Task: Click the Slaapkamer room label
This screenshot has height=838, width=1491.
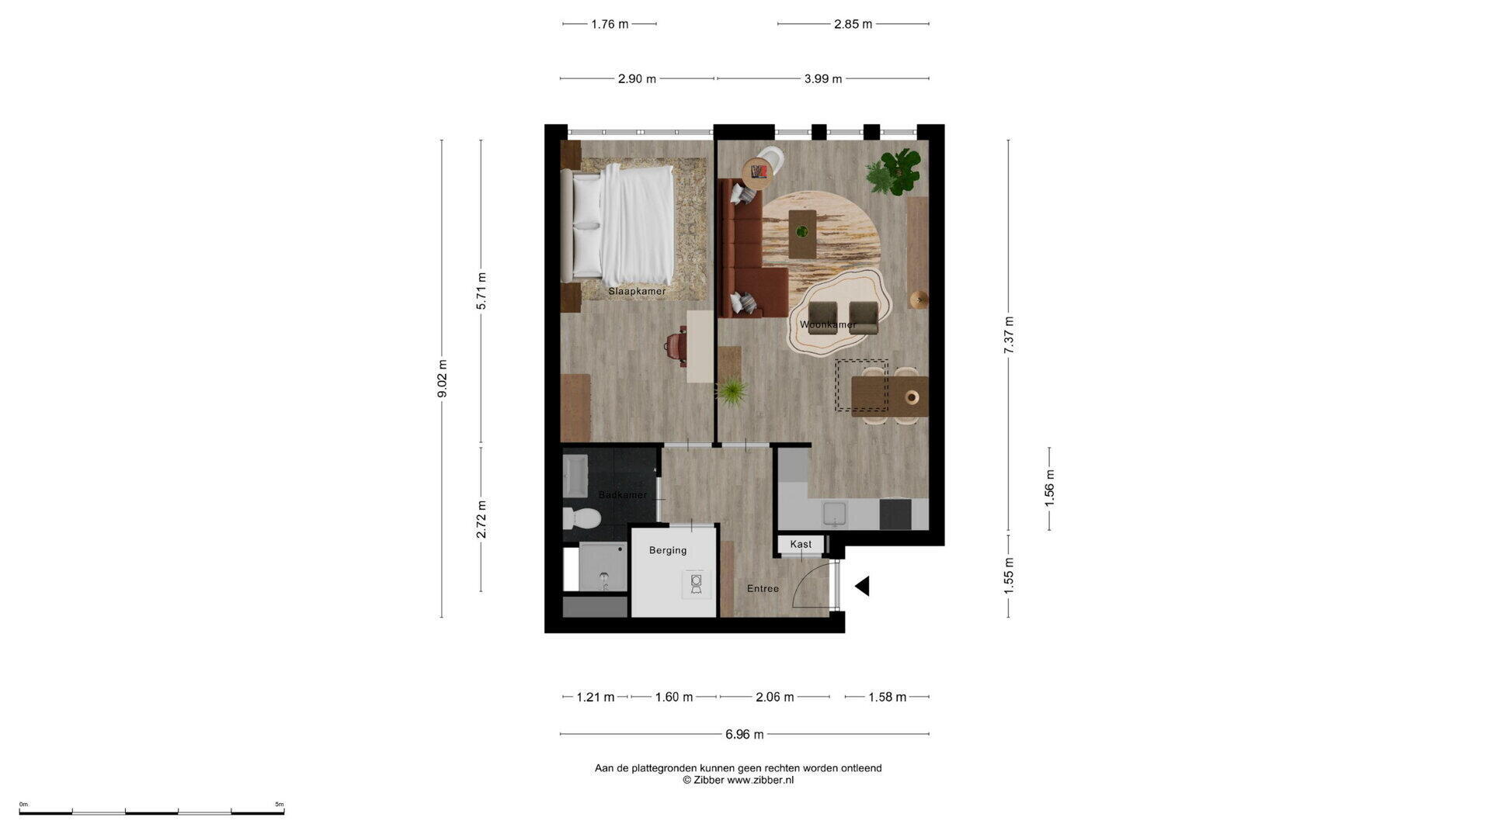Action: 637,292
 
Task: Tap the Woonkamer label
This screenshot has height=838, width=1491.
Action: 828,324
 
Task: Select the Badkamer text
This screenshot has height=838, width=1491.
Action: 623,495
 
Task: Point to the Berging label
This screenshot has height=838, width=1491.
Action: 668,550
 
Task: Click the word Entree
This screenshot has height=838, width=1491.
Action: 763,589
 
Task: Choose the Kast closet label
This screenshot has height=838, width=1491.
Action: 801,545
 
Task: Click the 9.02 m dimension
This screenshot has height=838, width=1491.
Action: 442,379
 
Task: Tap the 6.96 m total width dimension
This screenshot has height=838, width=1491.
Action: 745,734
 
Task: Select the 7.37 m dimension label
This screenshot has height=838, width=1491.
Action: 1009,335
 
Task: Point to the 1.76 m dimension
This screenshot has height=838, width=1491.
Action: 610,24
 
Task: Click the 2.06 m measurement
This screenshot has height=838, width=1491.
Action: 775,697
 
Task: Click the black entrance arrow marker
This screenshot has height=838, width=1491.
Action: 862,587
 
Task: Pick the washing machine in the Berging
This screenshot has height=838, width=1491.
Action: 697,583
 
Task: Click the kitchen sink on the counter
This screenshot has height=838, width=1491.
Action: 835,513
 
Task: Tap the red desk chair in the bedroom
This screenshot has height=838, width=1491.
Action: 676,345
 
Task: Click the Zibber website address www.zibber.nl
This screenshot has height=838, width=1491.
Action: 760,781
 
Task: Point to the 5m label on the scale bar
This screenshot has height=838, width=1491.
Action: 280,805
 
